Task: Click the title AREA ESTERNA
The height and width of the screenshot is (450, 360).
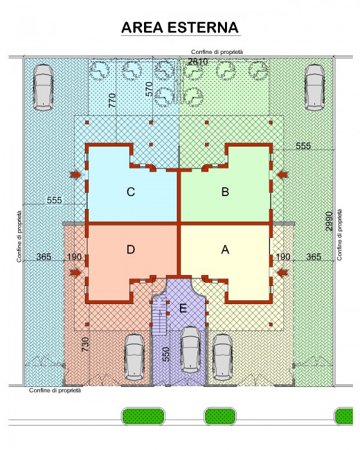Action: (x=180, y=28)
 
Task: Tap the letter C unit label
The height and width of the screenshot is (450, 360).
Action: (x=130, y=192)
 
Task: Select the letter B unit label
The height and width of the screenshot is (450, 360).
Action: (x=225, y=192)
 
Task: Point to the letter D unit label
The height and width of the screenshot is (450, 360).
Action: (x=130, y=249)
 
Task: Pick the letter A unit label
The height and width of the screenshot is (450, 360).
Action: (x=225, y=249)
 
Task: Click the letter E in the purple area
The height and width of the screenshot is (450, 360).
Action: (x=183, y=308)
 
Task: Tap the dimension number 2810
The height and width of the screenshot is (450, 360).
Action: (x=198, y=62)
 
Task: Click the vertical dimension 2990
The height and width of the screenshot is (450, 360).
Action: (x=329, y=221)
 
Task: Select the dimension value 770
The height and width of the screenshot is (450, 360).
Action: (x=113, y=100)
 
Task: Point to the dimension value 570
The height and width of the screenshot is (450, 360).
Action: (x=149, y=89)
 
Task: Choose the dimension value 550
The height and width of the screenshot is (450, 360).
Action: (x=166, y=354)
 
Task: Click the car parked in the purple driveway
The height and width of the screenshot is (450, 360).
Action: (x=191, y=350)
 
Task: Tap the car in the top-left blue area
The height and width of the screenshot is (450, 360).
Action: (x=43, y=87)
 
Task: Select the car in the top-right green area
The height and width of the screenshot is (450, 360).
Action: (x=314, y=87)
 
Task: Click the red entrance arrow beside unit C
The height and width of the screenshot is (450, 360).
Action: (x=76, y=174)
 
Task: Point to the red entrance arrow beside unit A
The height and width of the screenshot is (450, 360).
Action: (x=282, y=273)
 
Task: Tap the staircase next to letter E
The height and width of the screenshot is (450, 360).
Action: (x=159, y=316)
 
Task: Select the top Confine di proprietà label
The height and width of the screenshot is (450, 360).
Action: (x=217, y=52)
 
